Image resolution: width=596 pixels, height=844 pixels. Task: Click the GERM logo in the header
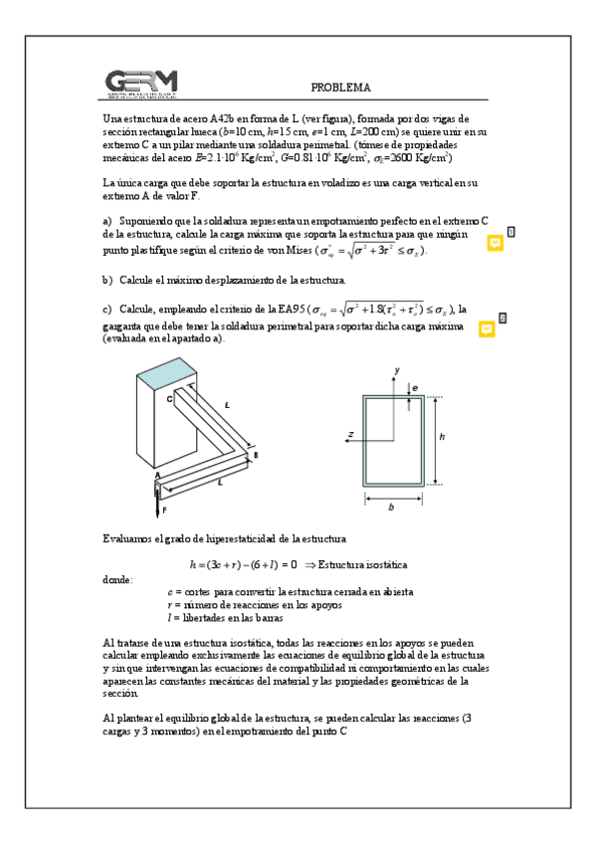point(141,85)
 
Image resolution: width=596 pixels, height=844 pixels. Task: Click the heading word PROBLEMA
point(340,88)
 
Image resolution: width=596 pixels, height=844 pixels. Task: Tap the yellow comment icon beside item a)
point(495,243)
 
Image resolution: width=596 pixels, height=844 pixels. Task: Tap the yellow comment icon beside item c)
point(487,328)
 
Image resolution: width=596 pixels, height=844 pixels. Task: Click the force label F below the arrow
point(164,510)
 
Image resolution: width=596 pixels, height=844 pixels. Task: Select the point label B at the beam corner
point(256,455)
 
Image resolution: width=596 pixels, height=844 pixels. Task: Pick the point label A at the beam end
point(156,477)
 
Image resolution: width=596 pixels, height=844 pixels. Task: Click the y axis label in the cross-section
point(396,369)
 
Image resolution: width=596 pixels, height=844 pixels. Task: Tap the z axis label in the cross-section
point(350,434)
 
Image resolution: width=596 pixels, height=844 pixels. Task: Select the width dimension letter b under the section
point(392,507)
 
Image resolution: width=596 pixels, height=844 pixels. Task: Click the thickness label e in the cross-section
point(416,386)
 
